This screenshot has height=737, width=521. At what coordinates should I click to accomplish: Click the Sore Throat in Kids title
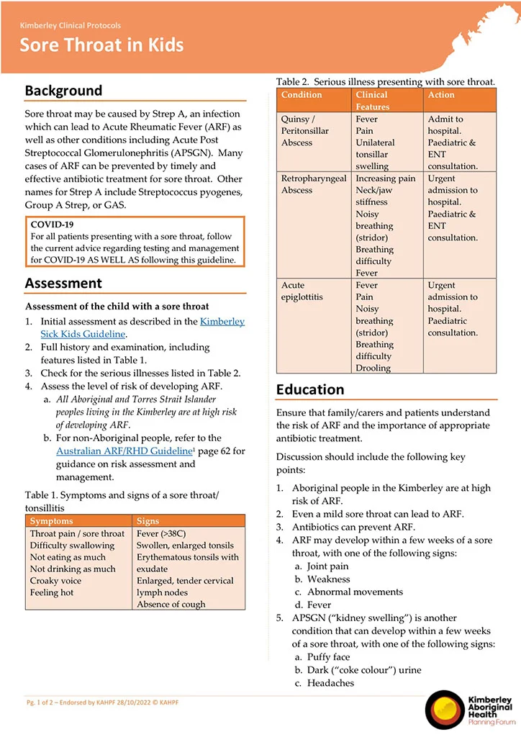(101, 45)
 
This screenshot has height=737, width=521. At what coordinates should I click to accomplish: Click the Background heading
(63, 91)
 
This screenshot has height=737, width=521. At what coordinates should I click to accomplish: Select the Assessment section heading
(63, 283)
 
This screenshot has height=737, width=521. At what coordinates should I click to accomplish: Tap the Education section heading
(310, 389)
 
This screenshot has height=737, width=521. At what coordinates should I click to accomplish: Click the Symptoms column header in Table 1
(52, 520)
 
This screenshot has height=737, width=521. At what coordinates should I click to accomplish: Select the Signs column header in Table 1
(148, 520)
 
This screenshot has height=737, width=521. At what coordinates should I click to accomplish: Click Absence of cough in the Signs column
(171, 605)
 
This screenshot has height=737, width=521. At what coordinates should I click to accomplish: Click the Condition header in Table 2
(302, 95)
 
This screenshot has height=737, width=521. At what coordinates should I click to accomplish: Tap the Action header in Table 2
(441, 95)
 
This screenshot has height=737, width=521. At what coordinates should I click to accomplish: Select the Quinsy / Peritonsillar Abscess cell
(307, 131)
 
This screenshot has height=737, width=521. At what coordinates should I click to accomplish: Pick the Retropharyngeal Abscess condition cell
(314, 184)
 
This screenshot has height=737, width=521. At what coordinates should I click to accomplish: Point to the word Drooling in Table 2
(373, 368)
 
